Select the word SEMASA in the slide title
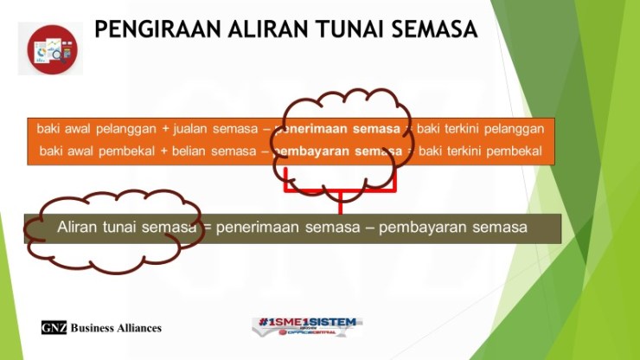[x=435, y=29]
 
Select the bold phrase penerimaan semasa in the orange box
[x=338, y=129]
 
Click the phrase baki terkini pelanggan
[x=480, y=129]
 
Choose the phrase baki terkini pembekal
[x=480, y=152]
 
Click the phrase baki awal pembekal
[x=97, y=152]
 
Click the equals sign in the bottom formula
[x=207, y=228]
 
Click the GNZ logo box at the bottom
[x=54, y=328]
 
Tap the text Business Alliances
[x=116, y=328]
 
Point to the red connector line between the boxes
[x=340, y=200]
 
